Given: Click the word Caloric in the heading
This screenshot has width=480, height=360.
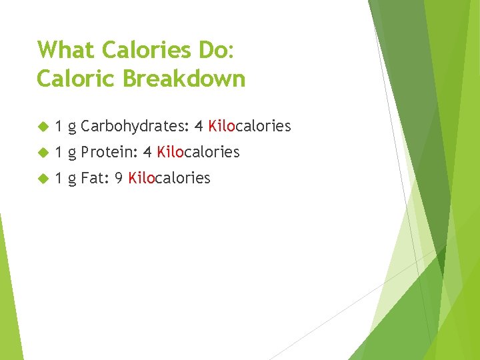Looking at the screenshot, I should tap(75, 79).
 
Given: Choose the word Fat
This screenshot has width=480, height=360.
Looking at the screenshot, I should tap(93, 178).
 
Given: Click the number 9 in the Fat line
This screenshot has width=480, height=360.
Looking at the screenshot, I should tap(118, 178).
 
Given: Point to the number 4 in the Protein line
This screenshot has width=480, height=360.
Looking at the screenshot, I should tap(147, 152).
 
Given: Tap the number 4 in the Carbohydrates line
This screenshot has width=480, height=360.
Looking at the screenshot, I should tap(199, 126).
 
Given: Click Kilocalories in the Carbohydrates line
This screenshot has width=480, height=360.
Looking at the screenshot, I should tap(249, 126).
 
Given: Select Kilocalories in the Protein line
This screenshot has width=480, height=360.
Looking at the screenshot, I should tap(198, 152).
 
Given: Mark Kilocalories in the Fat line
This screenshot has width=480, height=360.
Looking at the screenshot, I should tap(169, 178).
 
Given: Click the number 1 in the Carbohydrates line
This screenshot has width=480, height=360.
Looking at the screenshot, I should tap(59, 126).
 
